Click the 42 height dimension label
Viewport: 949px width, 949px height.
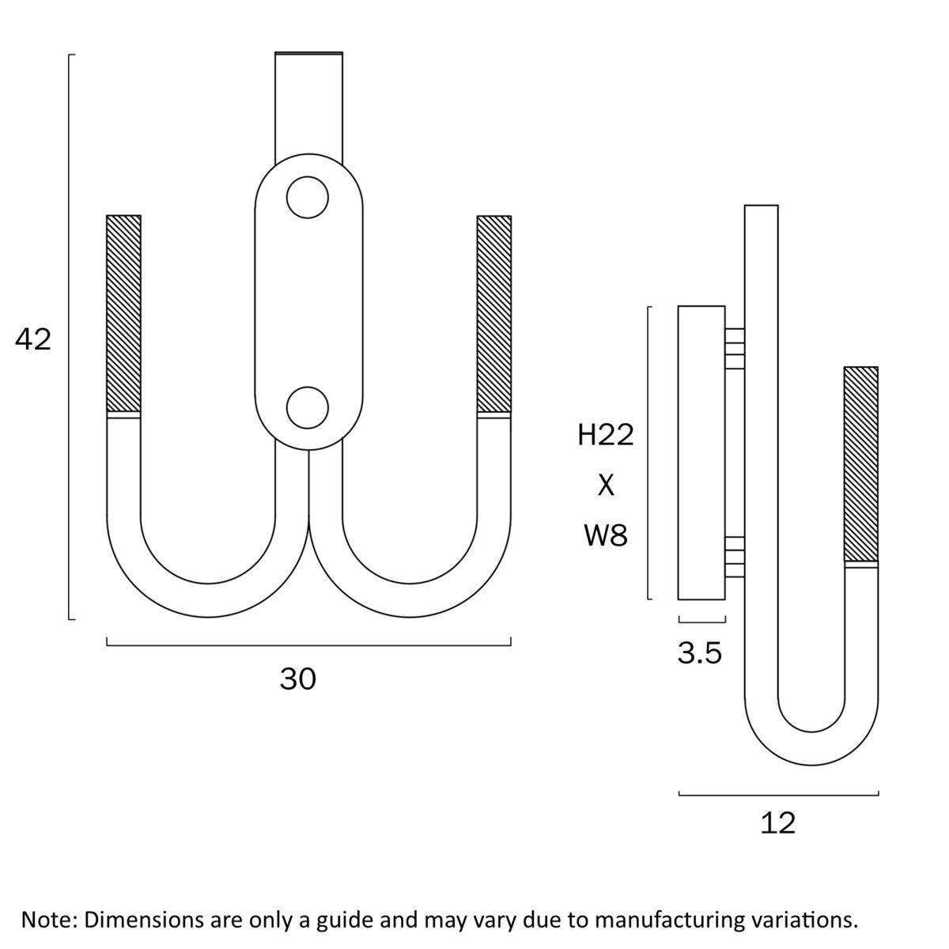(33, 340)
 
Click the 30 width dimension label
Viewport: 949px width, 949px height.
(298, 679)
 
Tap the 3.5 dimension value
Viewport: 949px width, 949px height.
(699, 653)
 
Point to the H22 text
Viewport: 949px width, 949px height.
(605, 435)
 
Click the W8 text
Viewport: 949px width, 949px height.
(606, 535)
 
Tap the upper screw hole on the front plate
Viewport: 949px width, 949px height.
(308, 198)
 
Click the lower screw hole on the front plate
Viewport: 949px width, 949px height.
(308, 408)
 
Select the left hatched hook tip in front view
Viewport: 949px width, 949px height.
(124, 313)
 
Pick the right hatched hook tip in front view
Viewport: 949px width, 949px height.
(494, 314)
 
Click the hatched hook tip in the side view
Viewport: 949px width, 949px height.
(861, 464)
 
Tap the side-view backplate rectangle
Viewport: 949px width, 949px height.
(701, 452)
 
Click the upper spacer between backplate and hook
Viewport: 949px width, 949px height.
(735, 348)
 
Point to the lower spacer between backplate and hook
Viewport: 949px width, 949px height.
(735, 557)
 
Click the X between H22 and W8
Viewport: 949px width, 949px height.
(606, 486)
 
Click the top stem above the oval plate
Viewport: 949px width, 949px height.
(308, 108)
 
